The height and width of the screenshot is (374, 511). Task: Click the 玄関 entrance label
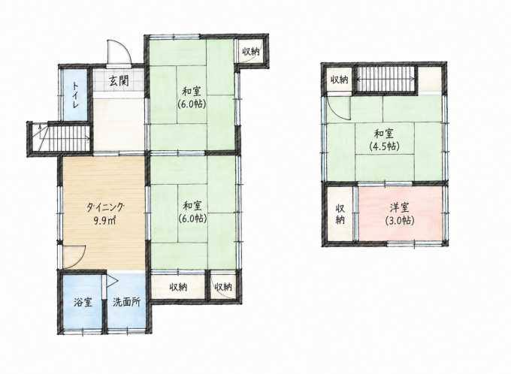119,80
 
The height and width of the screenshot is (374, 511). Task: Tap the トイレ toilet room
75,95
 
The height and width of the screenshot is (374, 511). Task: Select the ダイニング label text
105,207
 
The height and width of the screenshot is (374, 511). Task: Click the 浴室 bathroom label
83,303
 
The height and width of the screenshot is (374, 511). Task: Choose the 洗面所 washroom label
127,303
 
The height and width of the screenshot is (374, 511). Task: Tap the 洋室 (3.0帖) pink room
401,213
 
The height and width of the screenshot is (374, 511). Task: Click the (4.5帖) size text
384,146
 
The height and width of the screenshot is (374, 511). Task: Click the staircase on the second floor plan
386,79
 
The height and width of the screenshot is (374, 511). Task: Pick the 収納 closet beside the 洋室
340,214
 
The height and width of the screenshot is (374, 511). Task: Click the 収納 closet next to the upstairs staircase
340,80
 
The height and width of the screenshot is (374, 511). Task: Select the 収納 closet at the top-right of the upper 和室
250,51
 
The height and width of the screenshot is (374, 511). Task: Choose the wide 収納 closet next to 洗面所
178,287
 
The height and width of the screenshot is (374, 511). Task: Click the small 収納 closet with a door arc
223,287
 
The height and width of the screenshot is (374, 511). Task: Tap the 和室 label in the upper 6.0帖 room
192,92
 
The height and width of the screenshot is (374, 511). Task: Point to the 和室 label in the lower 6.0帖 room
192,206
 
